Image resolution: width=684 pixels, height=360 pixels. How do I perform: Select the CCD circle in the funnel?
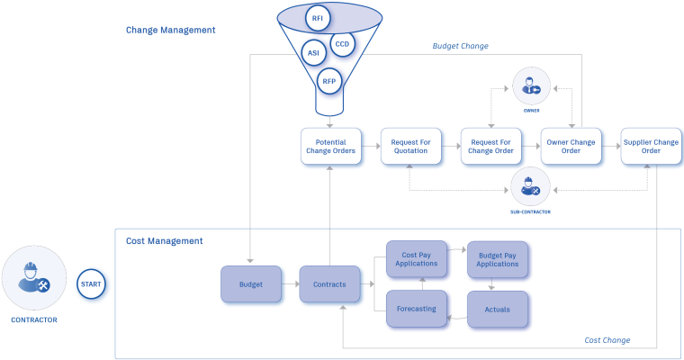tap(342, 43)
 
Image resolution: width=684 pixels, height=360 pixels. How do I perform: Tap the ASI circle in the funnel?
tap(313, 52)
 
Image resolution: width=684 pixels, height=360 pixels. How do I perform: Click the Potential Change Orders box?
tap(330, 146)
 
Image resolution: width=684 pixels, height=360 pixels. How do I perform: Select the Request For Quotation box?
tap(410, 146)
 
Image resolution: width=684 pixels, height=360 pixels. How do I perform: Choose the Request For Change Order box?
tap(490, 146)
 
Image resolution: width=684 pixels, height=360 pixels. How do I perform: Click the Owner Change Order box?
tap(571, 146)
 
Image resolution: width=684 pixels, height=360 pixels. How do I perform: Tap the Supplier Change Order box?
tap(651, 146)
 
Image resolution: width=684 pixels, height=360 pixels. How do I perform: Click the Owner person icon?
tap(531, 87)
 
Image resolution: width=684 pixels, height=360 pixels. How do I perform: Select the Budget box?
tap(250, 284)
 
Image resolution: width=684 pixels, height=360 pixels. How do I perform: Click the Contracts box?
tap(329, 284)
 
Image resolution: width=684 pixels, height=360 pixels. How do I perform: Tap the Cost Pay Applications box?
tap(417, 258)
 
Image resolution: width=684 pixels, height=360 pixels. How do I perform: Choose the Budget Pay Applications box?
tap(497, 258)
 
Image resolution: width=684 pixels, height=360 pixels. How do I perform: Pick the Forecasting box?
tap(417, 309)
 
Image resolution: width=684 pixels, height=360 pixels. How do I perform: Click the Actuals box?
tap(497, 309)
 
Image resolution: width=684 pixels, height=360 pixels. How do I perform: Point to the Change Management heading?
tap(170, 30)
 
